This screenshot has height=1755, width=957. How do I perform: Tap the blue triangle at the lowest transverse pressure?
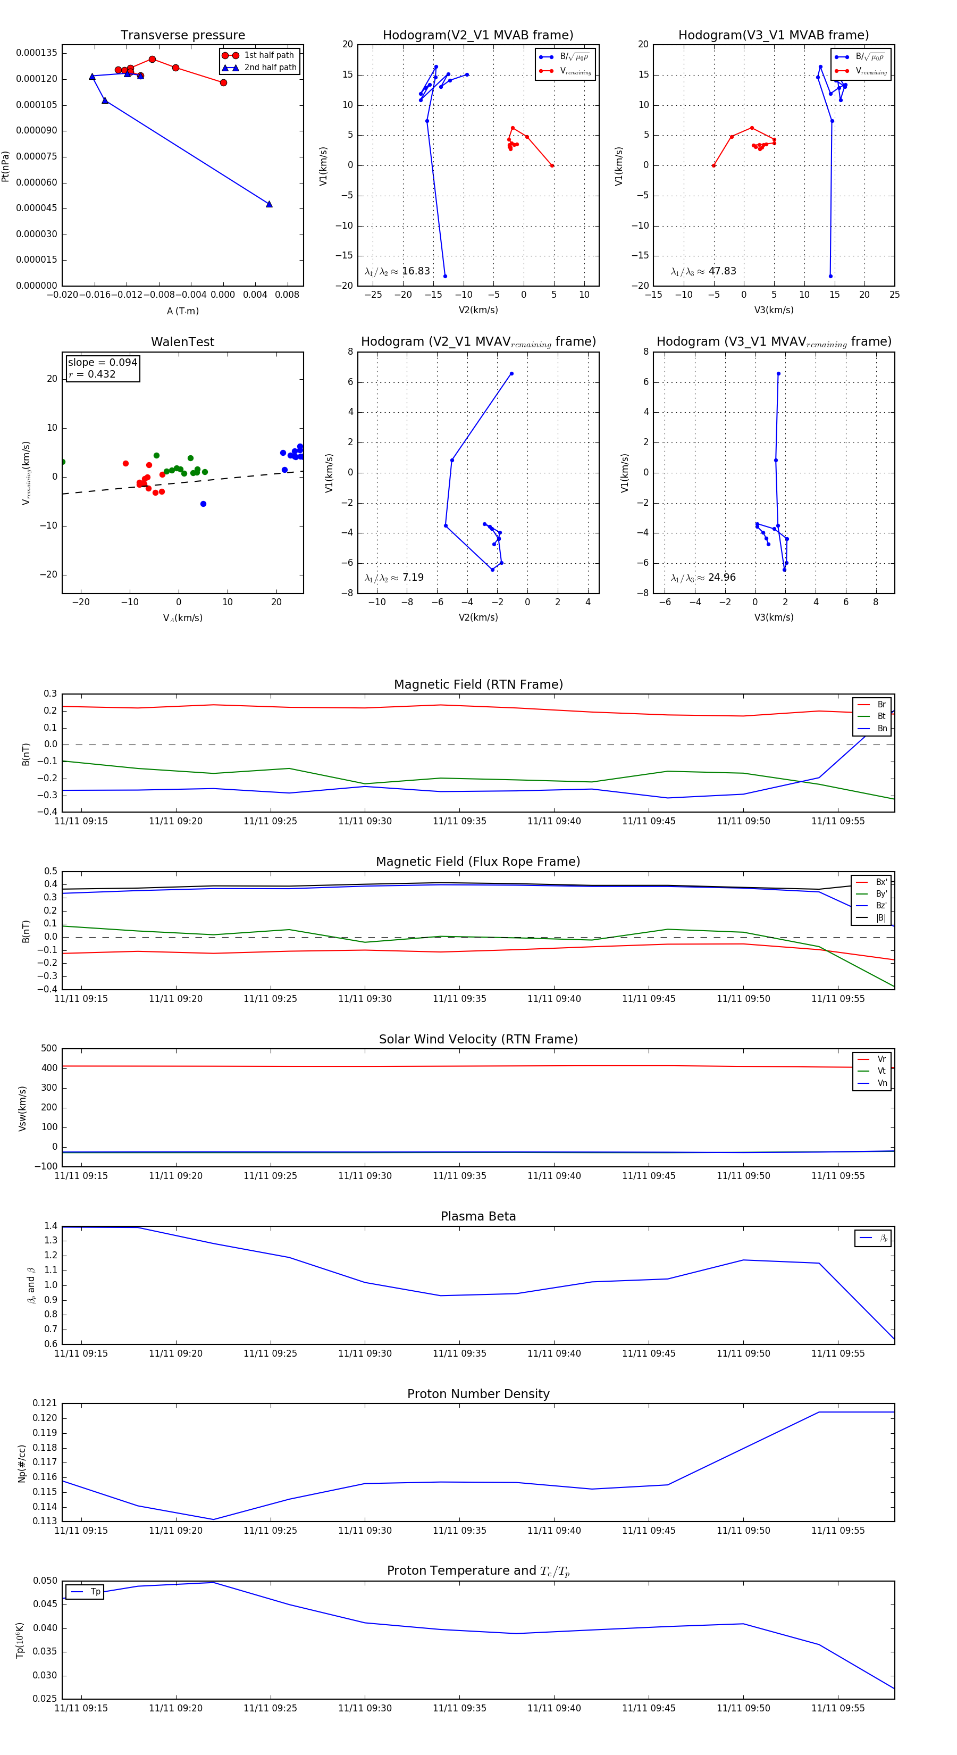coord(269,204)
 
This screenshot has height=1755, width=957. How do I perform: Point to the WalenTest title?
coord(182,342)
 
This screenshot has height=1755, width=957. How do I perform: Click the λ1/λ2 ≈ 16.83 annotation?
coord(397,271)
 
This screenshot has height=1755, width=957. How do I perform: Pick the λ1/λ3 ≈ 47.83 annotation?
coord(703,271)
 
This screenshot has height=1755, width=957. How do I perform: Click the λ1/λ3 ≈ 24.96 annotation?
coord(703,578)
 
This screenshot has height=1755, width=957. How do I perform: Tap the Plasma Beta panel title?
coord(478,1217)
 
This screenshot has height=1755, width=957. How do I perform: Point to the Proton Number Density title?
coord(478,1394)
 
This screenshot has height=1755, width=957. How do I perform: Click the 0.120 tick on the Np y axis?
coord(45,1418)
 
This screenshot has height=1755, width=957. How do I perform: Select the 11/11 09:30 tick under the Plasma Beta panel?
coord(365,1353)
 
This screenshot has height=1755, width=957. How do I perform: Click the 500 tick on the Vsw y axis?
coord(49,1049)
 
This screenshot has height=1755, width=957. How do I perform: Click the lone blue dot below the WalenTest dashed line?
coord(203,504)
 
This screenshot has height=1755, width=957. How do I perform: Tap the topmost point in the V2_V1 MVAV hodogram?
coord(511,373)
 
